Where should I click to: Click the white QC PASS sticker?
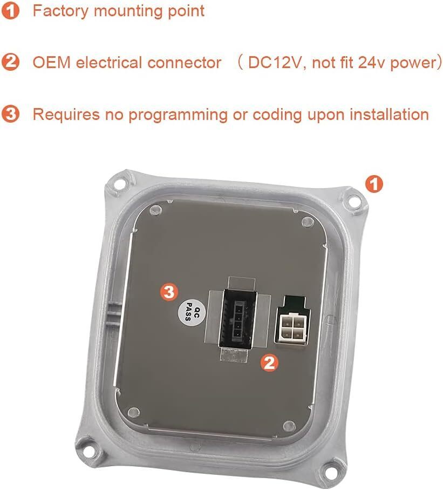[192, 313]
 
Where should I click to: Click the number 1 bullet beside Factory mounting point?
[10, 10]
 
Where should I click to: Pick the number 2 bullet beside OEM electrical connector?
[10, 62]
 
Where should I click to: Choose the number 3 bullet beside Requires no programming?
[10, 114]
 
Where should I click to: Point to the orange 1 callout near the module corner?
[374, 184]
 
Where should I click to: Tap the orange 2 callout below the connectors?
[269, 363]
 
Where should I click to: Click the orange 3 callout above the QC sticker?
[169, 292]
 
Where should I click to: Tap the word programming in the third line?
[178, 115]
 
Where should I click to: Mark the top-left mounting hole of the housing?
[120, 184]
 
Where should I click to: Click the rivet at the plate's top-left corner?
[155, 210]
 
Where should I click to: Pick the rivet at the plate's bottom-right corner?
[289, 426]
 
